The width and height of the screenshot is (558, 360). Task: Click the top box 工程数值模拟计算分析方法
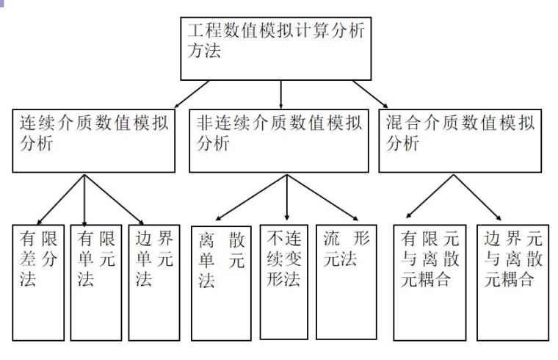point(280,48)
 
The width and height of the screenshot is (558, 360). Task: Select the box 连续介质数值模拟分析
point(94,140)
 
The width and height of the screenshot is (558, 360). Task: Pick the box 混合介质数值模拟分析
point(460,140)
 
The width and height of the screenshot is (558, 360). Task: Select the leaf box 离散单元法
point(220,283)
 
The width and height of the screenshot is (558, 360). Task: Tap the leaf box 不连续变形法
point(284,283)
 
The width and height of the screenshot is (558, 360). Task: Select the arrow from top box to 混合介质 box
point(371,93)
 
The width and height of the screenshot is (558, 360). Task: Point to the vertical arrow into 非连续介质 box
point(280,94)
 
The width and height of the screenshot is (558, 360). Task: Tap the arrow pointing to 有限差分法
point(61,198)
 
